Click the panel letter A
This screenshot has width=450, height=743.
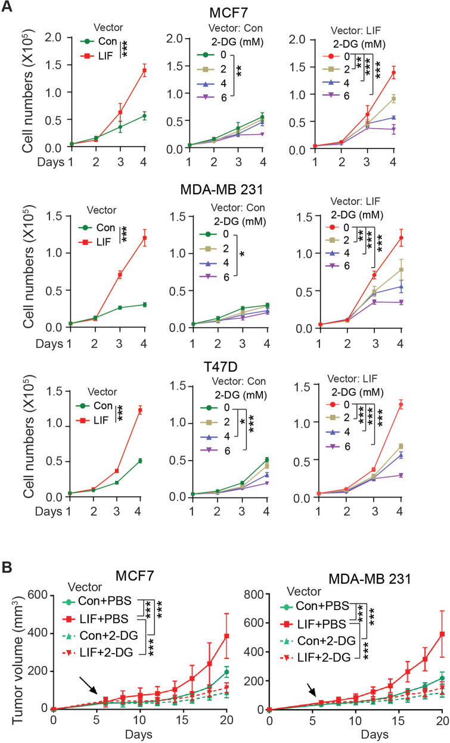[8, 7]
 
